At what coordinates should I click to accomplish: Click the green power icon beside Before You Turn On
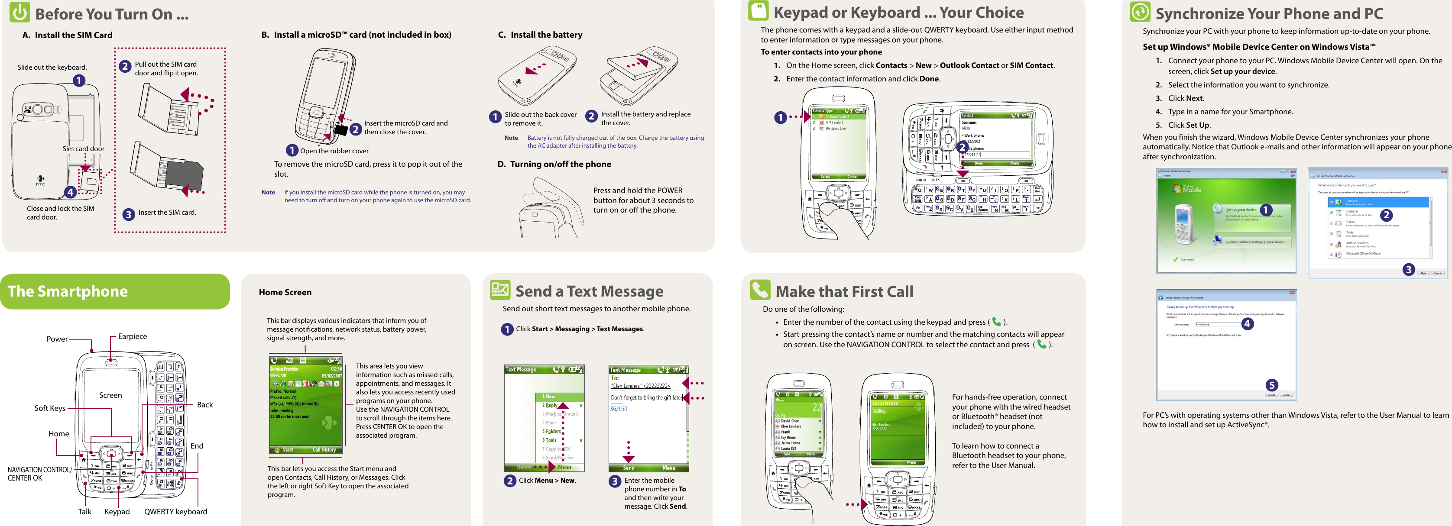coord(20,13)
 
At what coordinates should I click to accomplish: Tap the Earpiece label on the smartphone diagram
coord(133,336)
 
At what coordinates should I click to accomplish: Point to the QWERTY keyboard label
coord(175,511)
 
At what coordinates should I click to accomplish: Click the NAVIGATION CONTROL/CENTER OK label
coord(39,474)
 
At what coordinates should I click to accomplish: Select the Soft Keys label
coord(50,408)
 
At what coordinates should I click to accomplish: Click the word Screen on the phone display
coord(110,395)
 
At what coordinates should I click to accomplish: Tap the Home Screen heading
coord(285,292)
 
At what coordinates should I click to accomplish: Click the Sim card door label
coord(84,148)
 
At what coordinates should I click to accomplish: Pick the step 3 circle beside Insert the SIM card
coord(129,214)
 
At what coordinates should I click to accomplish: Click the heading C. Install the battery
coord(540,35)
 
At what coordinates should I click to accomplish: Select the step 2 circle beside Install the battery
coord(591,116)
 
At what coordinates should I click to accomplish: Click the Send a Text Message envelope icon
coord(500,290)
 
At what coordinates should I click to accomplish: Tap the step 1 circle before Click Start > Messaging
coord(507,329)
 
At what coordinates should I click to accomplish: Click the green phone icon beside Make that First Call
coord(760,290)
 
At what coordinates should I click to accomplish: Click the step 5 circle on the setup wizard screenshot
coord(1272,385)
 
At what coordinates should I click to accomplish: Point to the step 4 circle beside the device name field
coord(1248,324)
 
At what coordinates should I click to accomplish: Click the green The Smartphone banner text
coord(68,291)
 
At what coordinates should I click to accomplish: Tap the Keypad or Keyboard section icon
coord(758,11)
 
